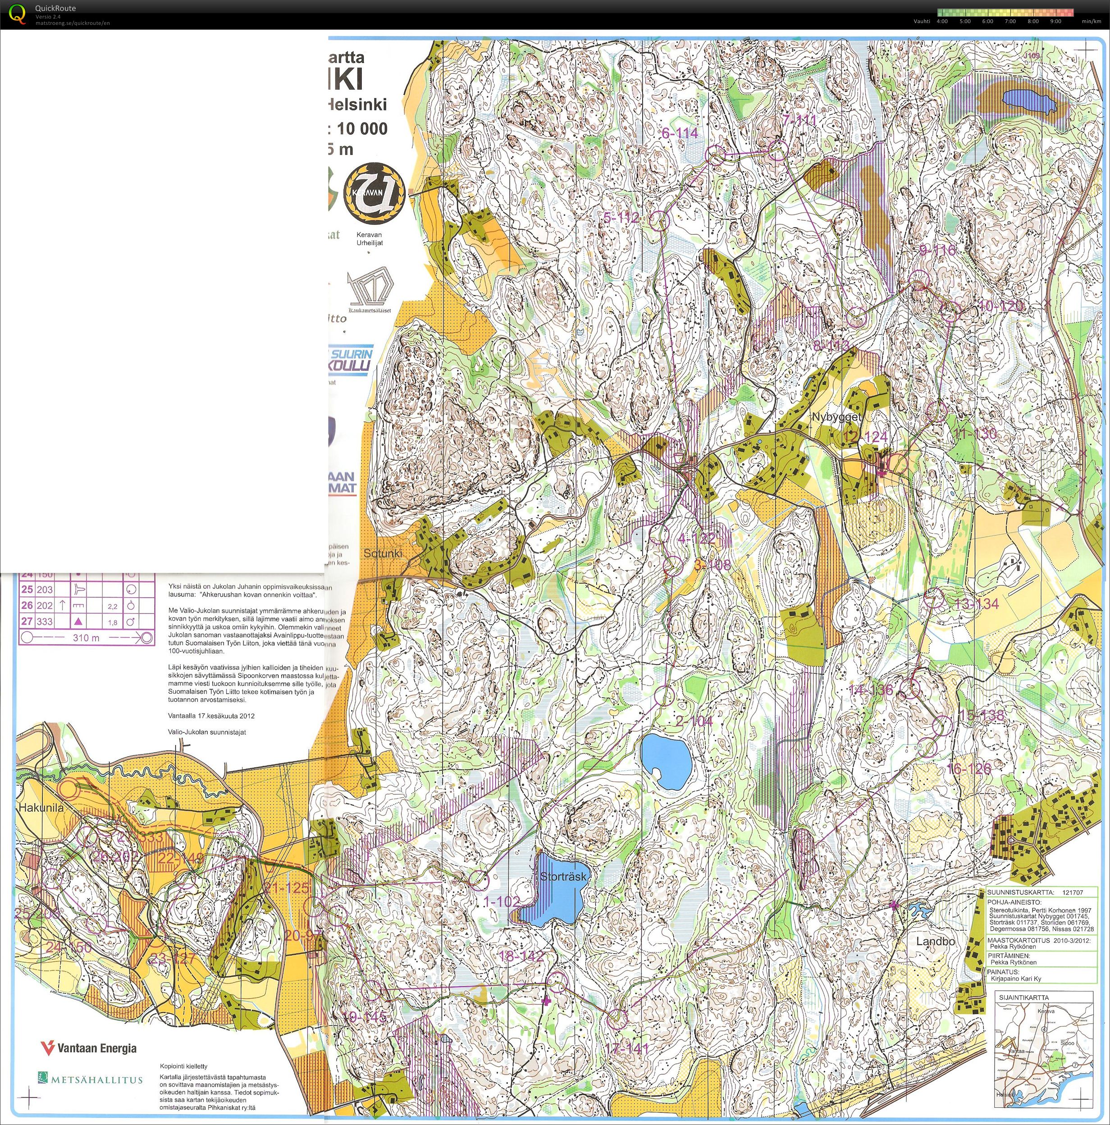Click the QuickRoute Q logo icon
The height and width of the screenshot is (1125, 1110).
tap(18, 14)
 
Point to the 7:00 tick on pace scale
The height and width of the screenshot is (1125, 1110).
tap(1010, 22)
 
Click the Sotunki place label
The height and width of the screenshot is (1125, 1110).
tap(383, 553)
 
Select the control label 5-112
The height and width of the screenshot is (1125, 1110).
tap(621, 218)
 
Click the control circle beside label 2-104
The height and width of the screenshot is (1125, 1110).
tap(664, 695)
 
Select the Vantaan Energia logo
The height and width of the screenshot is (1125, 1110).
tap(88, 1048)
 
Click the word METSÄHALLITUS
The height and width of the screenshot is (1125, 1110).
tap(97, 1079)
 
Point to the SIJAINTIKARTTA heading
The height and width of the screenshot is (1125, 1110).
tap(1024, 997)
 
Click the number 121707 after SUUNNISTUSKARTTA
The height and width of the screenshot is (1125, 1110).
tap(1072, 892)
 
